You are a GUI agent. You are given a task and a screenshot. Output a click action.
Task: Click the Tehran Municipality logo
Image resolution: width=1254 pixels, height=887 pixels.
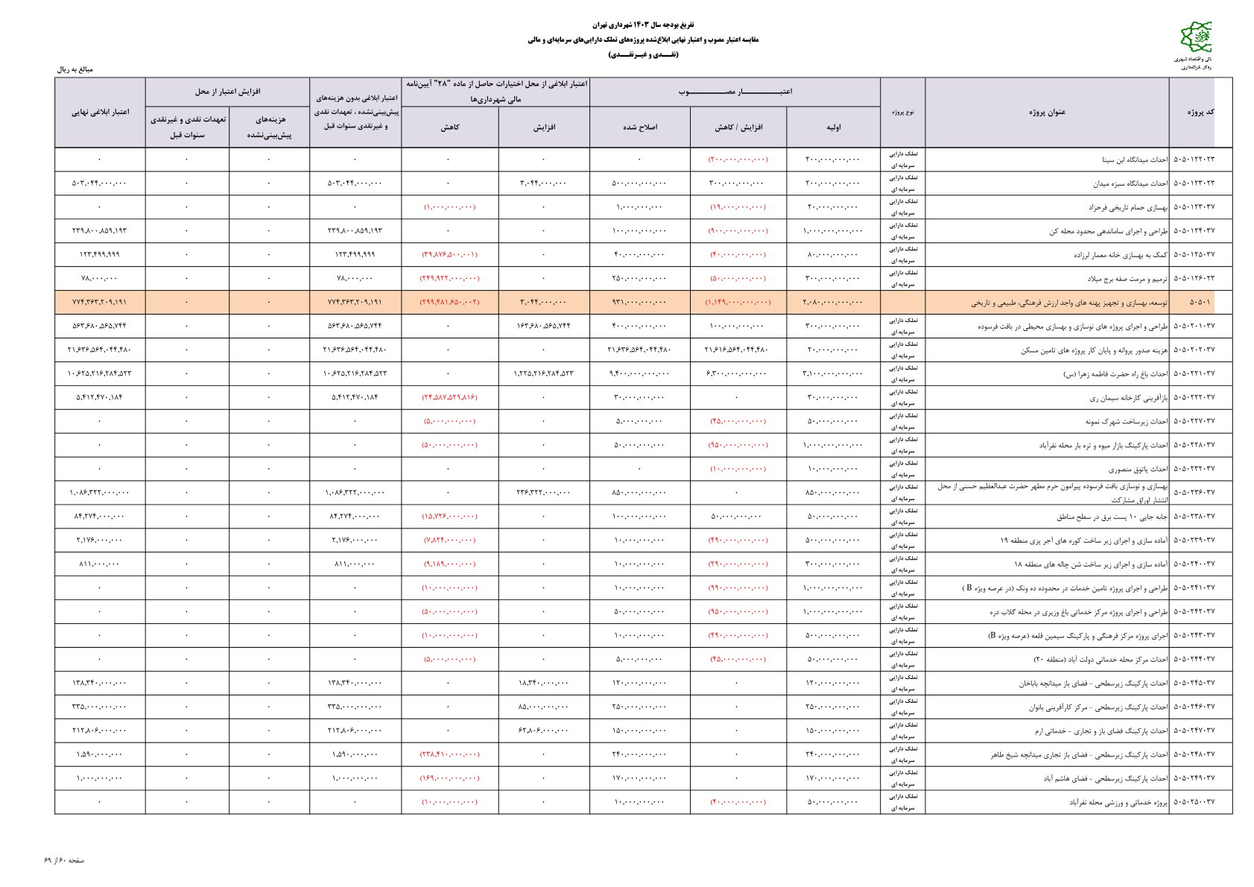(1195, 38)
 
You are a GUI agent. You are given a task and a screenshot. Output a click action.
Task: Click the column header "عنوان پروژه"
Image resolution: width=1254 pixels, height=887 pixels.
(1047, 113)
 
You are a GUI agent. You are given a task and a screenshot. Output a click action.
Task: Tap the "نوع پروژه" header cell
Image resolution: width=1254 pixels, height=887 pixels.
(902, 113)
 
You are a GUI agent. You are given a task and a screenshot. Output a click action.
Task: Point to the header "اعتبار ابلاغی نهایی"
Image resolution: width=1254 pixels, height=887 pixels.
(100, 113)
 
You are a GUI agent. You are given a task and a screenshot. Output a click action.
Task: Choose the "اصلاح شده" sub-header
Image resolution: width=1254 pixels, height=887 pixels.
(639, 127)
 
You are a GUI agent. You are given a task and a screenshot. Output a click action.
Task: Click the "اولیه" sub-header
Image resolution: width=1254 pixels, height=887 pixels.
(833, 127)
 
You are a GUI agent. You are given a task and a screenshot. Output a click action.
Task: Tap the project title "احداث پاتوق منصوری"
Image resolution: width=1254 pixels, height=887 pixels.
(1138, 469)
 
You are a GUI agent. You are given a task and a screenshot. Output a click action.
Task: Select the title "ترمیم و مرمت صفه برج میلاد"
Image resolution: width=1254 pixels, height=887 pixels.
(1118, 279)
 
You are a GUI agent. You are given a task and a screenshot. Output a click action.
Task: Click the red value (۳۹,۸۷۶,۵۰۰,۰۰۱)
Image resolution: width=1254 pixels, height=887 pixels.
(450, 255)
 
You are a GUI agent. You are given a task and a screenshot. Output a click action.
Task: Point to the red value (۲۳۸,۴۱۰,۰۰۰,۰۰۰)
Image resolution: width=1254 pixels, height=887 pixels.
(450, 754)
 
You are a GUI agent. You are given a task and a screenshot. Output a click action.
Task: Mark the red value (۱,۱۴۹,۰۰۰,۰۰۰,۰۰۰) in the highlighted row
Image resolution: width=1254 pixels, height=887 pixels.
(738, 303)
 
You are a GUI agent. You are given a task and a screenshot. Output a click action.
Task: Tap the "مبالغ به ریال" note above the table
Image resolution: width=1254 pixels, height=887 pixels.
(75, 69)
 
